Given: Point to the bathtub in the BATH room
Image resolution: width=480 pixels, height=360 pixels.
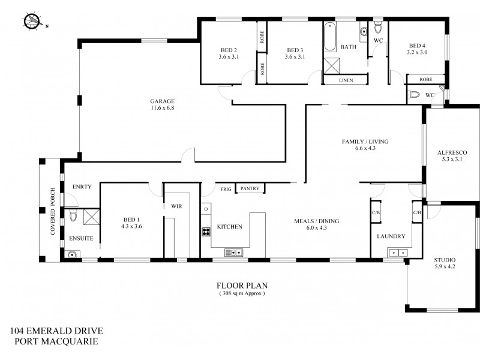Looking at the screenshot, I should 330,38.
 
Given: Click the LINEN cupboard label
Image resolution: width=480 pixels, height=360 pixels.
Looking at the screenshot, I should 346,80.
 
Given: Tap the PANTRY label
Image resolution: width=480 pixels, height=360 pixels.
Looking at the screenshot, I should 250,188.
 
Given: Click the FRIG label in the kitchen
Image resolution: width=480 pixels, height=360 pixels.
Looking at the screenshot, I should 226,188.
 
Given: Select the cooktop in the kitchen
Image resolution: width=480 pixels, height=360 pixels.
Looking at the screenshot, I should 206,232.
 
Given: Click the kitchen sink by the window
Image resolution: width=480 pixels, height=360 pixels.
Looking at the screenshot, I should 233,253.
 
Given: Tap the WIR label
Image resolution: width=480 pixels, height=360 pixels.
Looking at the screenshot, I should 176,206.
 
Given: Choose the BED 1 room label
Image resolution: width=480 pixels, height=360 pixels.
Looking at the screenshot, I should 130,223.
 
